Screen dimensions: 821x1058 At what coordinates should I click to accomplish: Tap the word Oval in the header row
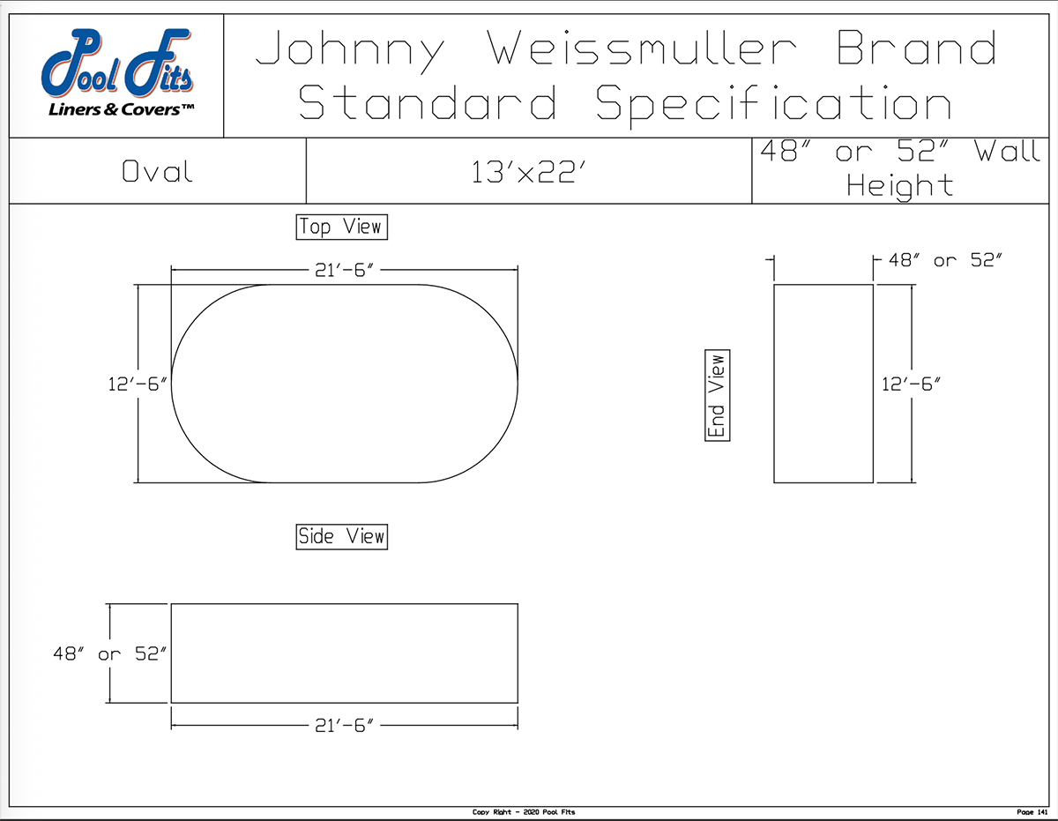pyautogui.click(x=157, y=171)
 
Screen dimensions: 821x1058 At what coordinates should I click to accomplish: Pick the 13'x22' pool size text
pyautogui.click(x=529, y=172)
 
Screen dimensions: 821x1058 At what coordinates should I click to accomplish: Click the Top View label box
pyautogui.click(x=341, y=227)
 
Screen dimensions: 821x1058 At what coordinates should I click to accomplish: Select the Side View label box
pyautogui.click(x=341, y=536)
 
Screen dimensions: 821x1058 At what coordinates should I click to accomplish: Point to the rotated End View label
pyautogui.click(x=718, y=396)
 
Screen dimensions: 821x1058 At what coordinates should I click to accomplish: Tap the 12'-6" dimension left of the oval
pyautogui.click(x=137, y=384)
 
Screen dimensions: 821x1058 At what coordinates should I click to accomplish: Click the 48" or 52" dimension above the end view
pyautogui.click(x=944, y=260)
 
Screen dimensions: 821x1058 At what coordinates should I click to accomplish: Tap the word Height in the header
pyautogui.click(x=899, y=186)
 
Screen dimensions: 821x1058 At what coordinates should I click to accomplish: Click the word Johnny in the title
pyautogui.click(x=350, y=49)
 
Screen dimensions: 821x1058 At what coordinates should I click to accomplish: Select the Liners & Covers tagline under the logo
pyautogui.click(x=121, y=109)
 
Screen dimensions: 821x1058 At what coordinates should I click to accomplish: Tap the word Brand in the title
pyautogui.click(x=917, y=49)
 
